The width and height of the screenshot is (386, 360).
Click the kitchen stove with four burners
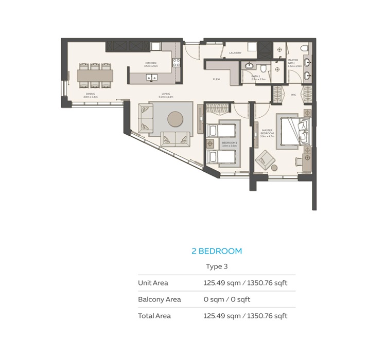tap(176, 63)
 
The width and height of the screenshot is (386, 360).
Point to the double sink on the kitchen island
tap(152, 78)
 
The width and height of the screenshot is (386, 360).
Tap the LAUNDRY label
tap(235, 52)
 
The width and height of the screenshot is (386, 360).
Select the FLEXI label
tap(217, 79)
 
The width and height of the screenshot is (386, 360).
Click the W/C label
tap(293, 95)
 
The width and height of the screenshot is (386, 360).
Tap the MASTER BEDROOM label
tap(267, 132)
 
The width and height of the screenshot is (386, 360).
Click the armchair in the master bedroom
tap(266, 159)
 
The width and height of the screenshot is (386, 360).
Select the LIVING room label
tap(166, 96)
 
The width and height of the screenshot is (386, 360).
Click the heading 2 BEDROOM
tap(216, 251)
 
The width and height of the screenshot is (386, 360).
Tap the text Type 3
tap(216, 266)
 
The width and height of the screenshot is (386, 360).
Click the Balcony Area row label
tap(159, 299)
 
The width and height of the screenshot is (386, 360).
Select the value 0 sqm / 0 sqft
tap(227, 299)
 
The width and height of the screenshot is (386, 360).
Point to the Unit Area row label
tap(153, 283)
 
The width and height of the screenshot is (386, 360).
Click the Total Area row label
tap(154, 316)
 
